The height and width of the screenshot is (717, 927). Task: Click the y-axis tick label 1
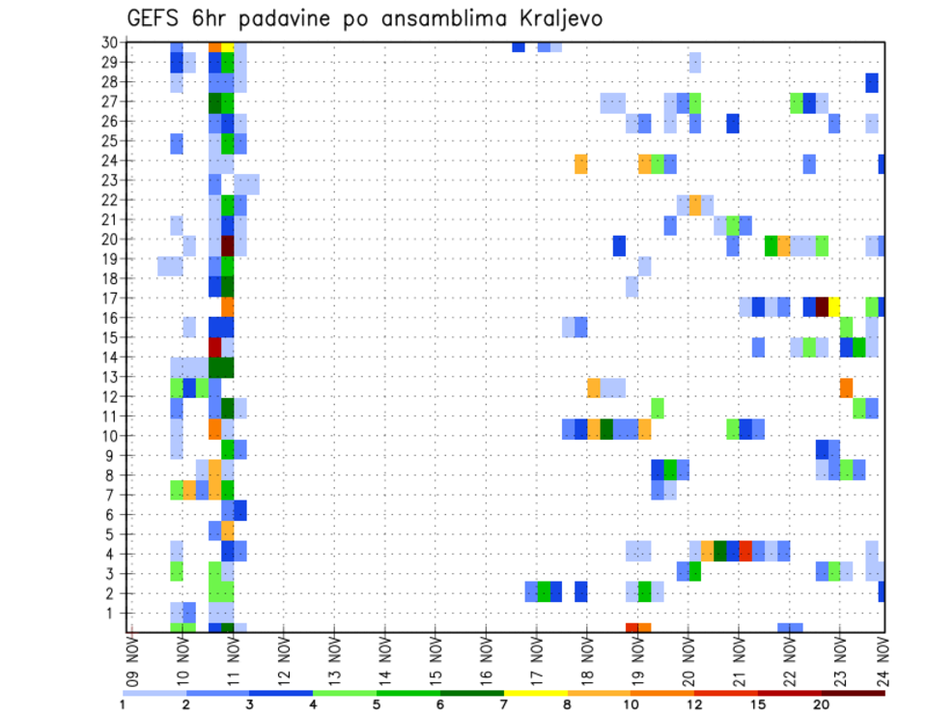[x=113, y=613]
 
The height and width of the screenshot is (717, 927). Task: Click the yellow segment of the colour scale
[x=535, y=692]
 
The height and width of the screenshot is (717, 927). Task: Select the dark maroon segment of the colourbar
[x=853, y=692]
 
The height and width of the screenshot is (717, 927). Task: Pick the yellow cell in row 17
[x=834, y=305]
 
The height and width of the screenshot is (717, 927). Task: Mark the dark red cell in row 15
[x=214, y=345]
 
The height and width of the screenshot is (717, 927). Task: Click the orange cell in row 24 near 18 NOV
[x=580, y=164]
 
